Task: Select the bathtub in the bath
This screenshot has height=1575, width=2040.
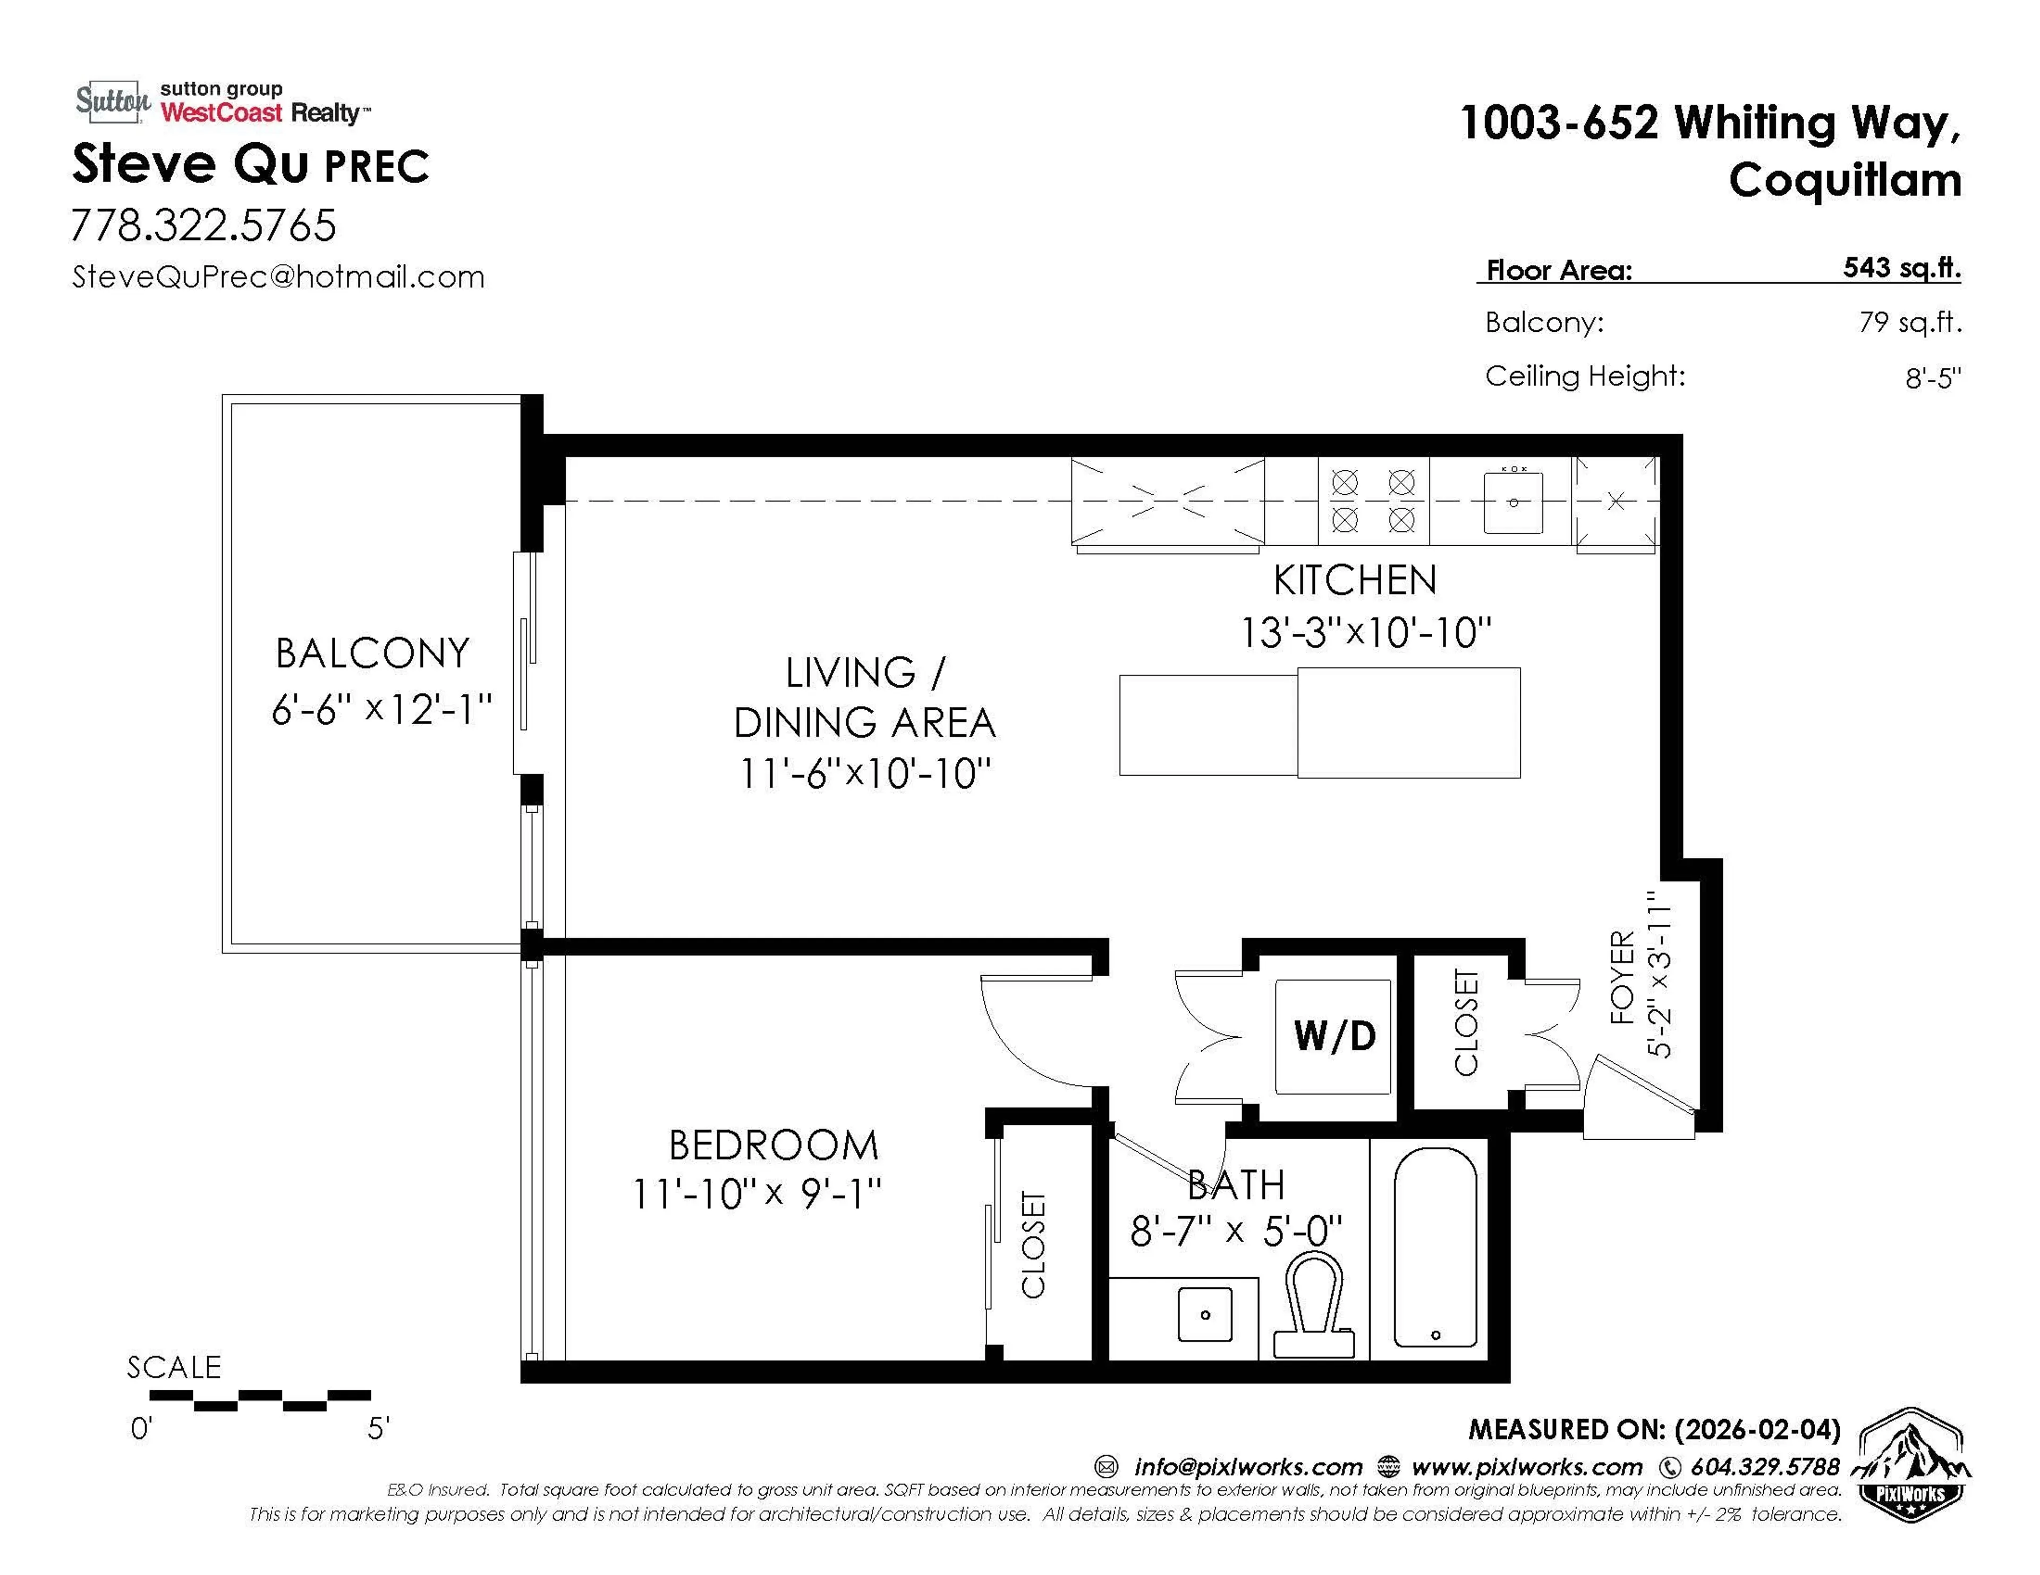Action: (x=1435, y=1248)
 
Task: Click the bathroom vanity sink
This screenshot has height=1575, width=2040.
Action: (x=1205, y=1314)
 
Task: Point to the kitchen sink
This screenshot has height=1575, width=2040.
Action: (x=1513, y=502)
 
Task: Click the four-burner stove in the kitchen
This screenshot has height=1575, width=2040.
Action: (x=1373, y=501)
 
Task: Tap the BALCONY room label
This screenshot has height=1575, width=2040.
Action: (x=372, y=653)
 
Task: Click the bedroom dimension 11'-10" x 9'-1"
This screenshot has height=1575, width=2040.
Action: (x=756, y=1194)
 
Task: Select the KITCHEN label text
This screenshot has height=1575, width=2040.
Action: (x=1354, y=581)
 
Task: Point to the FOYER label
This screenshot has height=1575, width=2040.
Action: (x=1623, y=977)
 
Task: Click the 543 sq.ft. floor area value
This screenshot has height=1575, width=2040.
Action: (x=1901, y=268)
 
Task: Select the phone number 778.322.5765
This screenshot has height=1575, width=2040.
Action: (x=203, y=225)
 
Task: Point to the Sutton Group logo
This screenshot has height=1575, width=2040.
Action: (x=112, y=101)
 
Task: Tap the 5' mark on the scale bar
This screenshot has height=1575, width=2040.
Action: (x=377, y=1428)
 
